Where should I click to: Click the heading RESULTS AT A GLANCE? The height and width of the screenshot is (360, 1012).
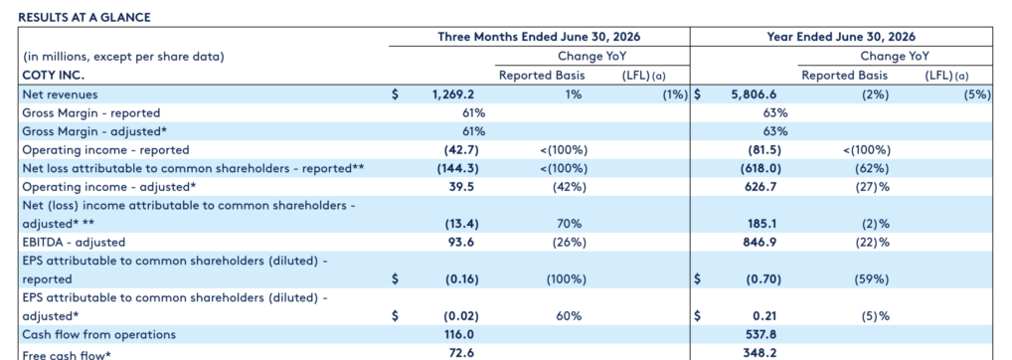[84, 18]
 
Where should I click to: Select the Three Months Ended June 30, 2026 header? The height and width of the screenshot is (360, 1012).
[539, 37]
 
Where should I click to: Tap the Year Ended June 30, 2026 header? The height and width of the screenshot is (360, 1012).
[841, 37]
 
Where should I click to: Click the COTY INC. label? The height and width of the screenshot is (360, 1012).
[54, 76]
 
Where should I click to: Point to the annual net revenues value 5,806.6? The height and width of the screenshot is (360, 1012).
[754, 94]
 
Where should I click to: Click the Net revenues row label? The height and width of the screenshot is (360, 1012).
[60, 94]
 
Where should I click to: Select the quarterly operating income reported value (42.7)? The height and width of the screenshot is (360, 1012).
[461, 150]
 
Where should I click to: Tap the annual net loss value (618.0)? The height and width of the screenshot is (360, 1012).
[760, 168]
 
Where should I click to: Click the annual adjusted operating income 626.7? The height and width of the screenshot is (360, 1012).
[759, 187]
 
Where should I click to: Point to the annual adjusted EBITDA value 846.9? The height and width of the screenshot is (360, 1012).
[759, 243]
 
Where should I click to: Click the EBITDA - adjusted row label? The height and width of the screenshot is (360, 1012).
[74, 243]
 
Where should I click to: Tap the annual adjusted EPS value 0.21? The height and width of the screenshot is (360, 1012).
[764, 316]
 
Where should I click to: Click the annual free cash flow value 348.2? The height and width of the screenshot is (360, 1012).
[759, 353]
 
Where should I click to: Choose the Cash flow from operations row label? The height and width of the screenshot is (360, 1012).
[98, 335]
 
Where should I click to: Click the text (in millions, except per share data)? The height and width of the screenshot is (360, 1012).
[123, 57]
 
